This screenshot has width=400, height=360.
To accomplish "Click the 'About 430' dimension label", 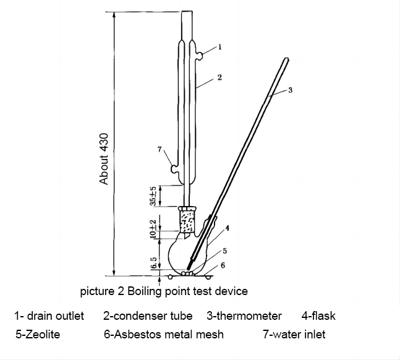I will pos(104,158).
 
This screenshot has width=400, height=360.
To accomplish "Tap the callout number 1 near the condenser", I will pos(220,46).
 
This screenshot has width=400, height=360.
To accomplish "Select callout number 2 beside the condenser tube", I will pos(219,78).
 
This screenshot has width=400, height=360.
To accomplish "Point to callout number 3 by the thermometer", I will pos(290,90).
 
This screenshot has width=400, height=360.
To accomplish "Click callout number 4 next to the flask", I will pos(228,228).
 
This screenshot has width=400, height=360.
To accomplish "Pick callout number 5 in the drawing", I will pos(225,251).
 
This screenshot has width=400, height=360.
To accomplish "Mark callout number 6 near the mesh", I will pos(223,265).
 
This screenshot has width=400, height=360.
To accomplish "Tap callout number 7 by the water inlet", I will pos(160,149).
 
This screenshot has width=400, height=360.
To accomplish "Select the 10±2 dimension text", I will pos(153,228).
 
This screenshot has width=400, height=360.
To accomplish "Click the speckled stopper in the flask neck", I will pos(188,218).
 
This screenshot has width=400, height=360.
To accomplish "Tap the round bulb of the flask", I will pos(187,254).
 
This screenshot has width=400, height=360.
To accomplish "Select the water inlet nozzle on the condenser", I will pos(173,167).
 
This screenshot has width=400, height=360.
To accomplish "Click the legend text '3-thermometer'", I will pos(244,316).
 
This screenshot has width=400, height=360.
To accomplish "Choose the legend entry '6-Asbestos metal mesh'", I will pos(164,335).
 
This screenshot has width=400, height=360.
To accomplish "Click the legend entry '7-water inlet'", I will pos(294,335).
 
